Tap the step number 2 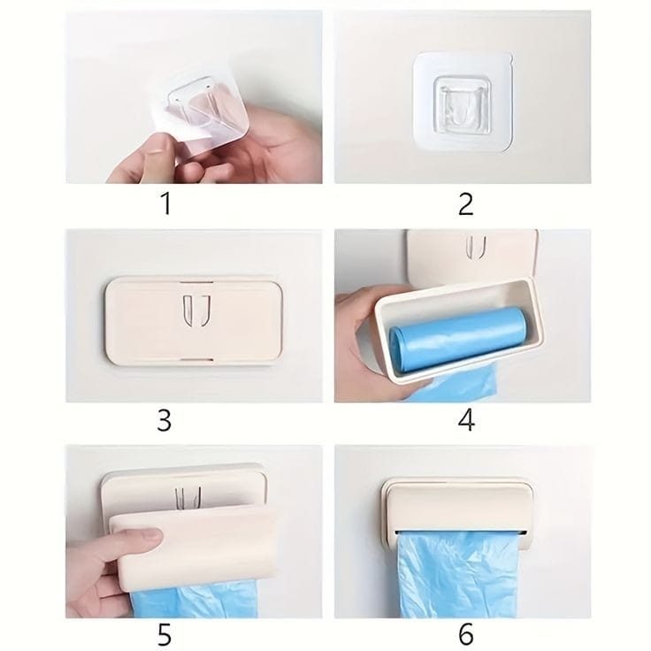[x=465, y=203]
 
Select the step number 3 [x=164, y=420]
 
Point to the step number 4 [x=466, y=420]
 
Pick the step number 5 [x=165, y=634]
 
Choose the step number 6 [x=466, y=634]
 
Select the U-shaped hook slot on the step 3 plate [x=196, y=310]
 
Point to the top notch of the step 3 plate [x=196, y=282]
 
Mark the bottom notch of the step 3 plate [x=196, y=358]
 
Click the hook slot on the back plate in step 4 [x=476, y=247]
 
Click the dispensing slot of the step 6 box [x=461, y=532]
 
